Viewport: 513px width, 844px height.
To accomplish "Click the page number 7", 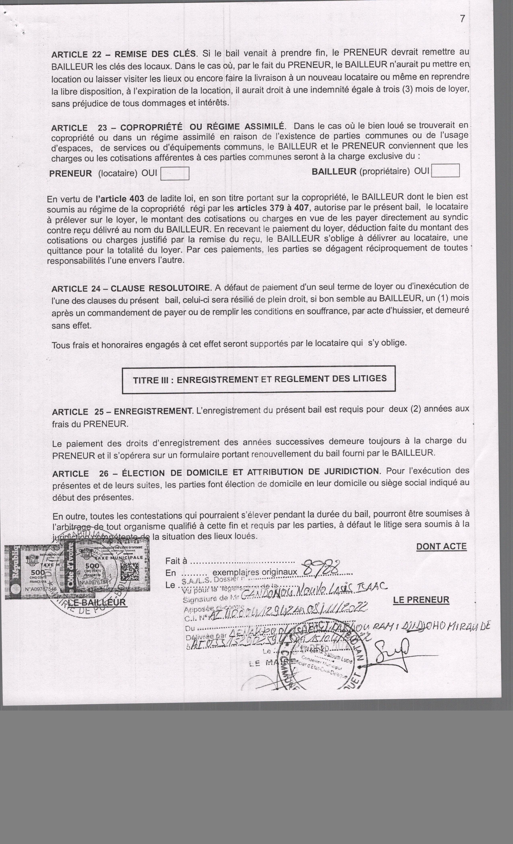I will [x=463, y=19].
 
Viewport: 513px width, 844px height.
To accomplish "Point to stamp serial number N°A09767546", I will [x=40, y=589].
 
